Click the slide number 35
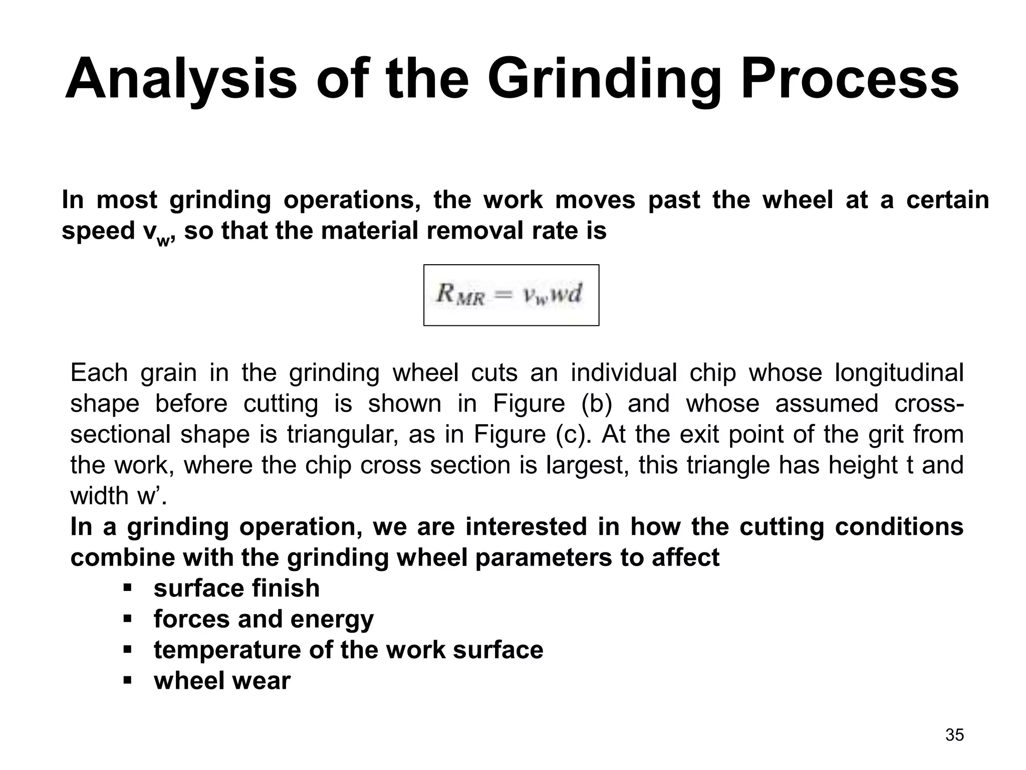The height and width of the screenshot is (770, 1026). (x=954, y=735)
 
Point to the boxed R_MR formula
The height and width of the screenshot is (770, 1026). (x=511, y=295)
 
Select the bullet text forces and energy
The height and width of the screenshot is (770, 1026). (x=264, y=619)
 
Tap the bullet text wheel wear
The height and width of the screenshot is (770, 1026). (x=222, y=681)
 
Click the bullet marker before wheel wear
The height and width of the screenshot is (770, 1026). (x=127, y=680)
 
